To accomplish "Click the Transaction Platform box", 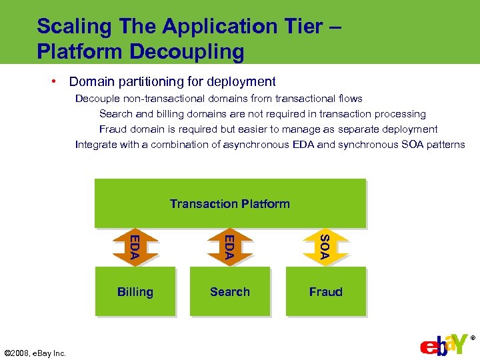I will click(230, 203).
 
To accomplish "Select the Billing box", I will click(135, 291).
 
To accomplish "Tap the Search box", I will click(230, 291).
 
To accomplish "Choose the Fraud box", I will click(326, 291).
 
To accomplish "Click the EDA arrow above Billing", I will click(135, 246).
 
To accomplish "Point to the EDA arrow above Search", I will click(229, 246).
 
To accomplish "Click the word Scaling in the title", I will click(74, 27).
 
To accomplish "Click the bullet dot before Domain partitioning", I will click(53, 81).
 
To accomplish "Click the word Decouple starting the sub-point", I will click(97, 99).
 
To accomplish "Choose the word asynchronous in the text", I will click(255, 145).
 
